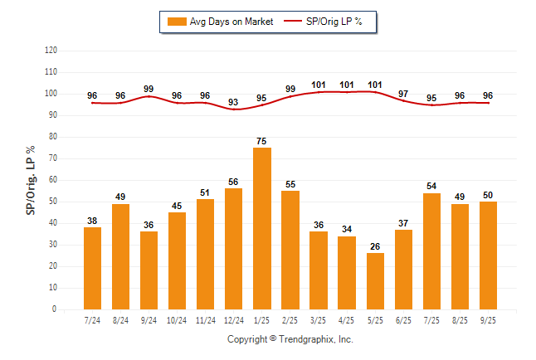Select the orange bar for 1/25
pos(262,228)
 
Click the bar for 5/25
pos(375,281)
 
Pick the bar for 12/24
pos(234,249)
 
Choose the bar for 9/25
pos(488,255)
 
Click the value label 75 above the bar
pos(262,141)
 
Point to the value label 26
pos(375,247)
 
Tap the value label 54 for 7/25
pos(431,187)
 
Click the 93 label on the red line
pos(234,102)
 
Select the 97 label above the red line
pos(403,94)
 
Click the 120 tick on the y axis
pos(51,51)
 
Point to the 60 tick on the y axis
pos(53,180)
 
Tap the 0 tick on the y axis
pos(55,309)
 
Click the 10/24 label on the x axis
pos(177,320)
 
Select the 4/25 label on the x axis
pos(347,320)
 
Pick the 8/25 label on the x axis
pos(460,320)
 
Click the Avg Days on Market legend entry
pos(220,22)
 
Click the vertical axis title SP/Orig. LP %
pos(31,179)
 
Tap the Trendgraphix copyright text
pos(290,339)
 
